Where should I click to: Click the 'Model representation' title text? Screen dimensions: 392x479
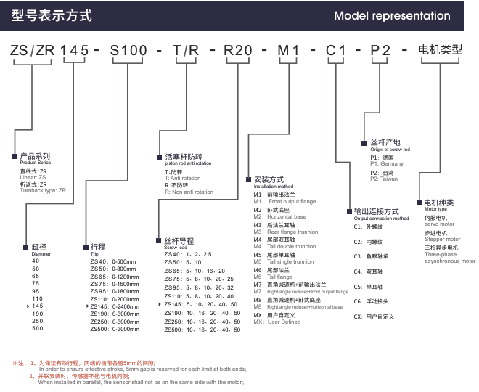point(392,16)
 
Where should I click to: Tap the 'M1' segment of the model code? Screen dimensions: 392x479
point(290,52)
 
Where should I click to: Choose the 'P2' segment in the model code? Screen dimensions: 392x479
point(381,52)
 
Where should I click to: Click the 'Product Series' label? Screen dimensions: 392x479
point(33,163)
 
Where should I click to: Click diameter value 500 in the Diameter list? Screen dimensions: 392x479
point(36,330)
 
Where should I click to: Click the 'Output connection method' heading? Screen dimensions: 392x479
point(381,219)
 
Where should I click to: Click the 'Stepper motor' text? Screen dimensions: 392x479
point(442,239)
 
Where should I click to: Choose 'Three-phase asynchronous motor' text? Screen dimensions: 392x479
point(450,258)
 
